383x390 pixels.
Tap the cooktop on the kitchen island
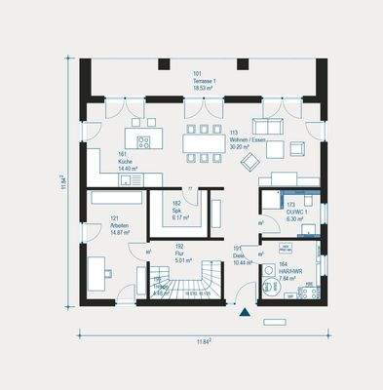pos(143,142)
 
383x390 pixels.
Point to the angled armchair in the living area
pos(297,147)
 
